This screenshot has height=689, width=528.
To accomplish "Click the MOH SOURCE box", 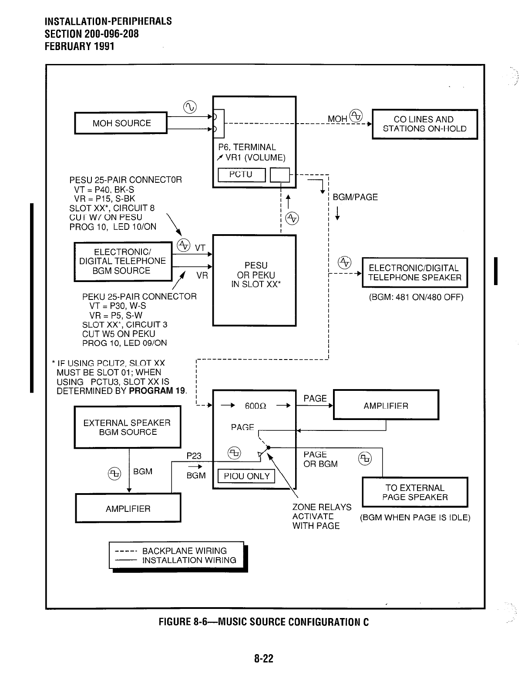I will pos(121,123).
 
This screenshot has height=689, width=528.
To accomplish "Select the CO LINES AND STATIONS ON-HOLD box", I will pos(424,124).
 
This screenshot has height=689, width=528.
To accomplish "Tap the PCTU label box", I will pos(241,175).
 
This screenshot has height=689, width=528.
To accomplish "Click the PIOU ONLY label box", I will pos(246,476).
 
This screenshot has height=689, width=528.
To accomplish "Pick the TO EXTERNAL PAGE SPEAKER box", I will pos(415,492).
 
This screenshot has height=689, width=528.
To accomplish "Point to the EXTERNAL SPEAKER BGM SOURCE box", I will pos(127,427).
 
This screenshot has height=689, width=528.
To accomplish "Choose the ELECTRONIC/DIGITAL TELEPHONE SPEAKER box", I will pos(414,272).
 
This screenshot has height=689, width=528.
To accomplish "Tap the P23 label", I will pos(194,456).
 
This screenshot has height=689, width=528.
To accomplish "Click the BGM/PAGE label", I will pos(355,197).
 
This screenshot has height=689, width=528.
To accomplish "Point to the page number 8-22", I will pos(264,659).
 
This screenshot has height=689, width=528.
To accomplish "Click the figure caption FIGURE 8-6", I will pos(263,622).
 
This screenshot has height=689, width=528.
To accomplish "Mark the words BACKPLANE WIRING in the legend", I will pos(184,551).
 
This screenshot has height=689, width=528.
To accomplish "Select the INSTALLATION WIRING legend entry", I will pos(189,560).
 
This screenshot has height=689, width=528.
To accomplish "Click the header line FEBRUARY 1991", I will pos(79,46).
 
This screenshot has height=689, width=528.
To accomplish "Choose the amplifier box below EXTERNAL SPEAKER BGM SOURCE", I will pos(128,508).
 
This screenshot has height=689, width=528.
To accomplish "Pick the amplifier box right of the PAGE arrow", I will pos(386,406).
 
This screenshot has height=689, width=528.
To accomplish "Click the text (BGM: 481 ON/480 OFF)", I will pos(416,297).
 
